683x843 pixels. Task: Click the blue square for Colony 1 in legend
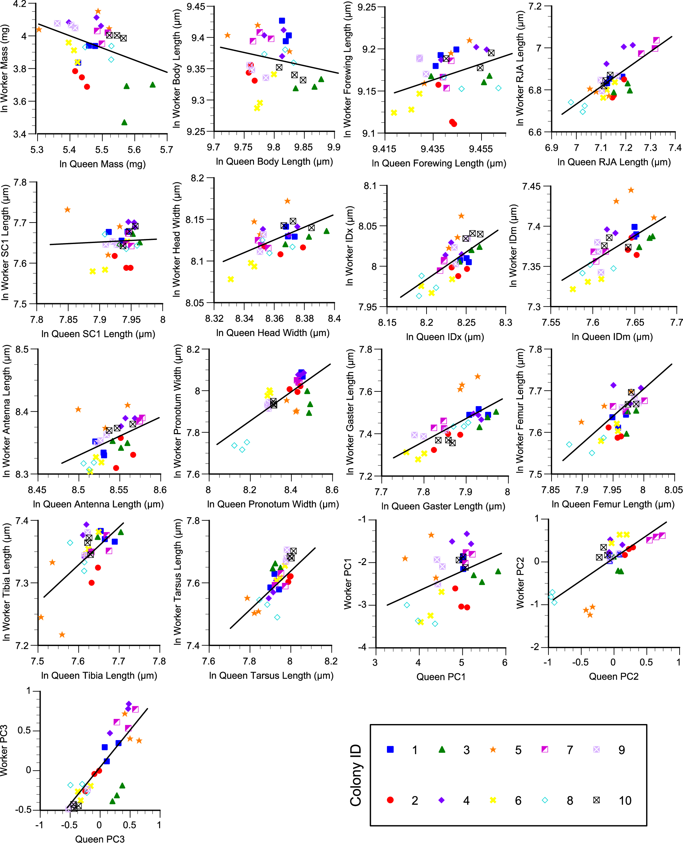point(390,749)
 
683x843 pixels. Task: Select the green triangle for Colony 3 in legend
point(442,749)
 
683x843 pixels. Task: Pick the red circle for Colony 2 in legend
point(390,800)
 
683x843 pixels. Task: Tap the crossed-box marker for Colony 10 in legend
point(597,800)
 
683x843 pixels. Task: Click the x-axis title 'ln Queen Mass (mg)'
point(102,164)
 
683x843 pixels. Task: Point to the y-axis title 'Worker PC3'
point(4,750)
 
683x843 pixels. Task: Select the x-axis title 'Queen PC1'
point(441,677)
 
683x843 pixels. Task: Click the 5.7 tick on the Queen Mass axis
point(166,150)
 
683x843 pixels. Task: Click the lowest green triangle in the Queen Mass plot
point(124,123)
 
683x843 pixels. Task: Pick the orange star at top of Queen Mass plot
point(98,11)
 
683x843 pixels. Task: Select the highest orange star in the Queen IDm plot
point(631,190)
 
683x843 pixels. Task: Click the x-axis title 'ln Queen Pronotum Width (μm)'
point(273,504)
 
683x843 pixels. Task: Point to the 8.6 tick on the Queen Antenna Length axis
point(160,490)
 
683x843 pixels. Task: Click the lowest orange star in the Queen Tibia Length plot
point(62,635)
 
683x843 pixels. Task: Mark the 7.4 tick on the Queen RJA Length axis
point(675,148)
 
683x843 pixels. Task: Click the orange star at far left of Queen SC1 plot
point(68,210)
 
